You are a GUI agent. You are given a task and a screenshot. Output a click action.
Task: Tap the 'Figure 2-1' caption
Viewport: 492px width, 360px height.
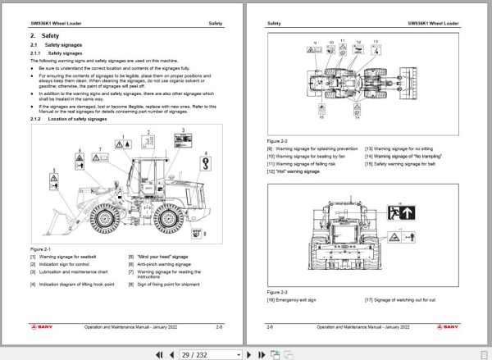tap(40, 248)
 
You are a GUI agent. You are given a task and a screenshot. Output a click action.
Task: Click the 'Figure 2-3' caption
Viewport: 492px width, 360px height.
tap(278, 290)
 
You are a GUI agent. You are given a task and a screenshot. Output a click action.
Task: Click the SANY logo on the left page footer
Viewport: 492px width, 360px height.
tap(44, 327)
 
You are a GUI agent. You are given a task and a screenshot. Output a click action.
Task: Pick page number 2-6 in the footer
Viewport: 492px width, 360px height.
tap(271, 327)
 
